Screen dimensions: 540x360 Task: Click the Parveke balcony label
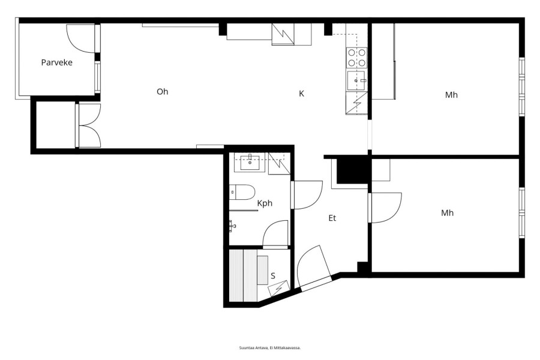57,62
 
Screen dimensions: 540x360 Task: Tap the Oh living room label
162,92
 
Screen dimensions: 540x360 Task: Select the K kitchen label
301,94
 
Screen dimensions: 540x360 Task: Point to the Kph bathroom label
265,203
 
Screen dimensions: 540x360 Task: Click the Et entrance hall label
332,218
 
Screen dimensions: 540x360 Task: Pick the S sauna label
273,276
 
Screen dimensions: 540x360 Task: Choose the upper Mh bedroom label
451,95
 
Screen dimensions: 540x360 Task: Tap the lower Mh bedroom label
448,213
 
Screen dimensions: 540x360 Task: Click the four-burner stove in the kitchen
357,58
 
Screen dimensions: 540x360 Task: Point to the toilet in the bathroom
242,192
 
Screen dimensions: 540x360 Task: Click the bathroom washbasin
250,162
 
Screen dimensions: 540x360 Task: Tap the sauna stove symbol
278,289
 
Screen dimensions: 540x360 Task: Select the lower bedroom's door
385,208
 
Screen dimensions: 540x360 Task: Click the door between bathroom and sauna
275,234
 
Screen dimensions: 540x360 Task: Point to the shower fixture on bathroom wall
232,226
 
